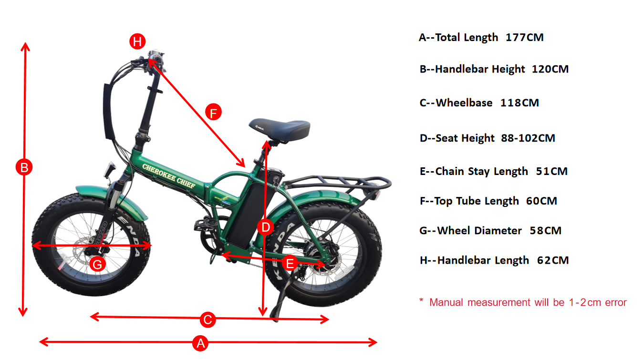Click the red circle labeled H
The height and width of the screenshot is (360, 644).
137,41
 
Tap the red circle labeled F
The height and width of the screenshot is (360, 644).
213,112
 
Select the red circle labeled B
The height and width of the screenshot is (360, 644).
24,167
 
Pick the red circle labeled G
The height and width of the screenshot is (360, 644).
97,264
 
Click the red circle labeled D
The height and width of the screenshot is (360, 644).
265,227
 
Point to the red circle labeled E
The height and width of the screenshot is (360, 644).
290,263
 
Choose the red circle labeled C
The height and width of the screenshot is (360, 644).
208,319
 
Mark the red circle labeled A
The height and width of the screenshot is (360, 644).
200,343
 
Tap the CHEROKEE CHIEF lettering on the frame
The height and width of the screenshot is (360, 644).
169,175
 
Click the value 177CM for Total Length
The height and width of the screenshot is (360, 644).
524,37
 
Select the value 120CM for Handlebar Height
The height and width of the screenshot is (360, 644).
550,69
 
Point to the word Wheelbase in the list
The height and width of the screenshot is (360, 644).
464,103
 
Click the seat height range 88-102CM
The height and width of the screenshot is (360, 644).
528,138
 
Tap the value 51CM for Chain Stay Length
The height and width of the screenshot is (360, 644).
552,171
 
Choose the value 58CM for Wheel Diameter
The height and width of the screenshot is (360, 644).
546,230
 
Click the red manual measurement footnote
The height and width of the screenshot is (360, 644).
523,302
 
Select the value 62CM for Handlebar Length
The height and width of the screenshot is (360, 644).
553,260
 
